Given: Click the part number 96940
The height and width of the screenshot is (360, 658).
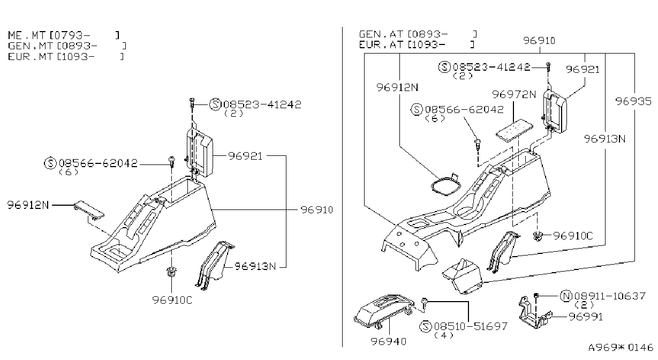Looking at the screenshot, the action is click(388, 341).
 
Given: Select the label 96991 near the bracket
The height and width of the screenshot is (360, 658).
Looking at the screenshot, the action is click(586, 317).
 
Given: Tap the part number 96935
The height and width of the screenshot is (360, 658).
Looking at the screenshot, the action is click(633, 101).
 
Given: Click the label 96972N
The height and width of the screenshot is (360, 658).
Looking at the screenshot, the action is click(514, 94).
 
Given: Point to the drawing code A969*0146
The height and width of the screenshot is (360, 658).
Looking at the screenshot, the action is click(621, 347).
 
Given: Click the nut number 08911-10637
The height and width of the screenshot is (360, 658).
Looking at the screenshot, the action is click(610, 296).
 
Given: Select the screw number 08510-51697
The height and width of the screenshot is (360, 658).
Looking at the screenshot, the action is click(471, 326).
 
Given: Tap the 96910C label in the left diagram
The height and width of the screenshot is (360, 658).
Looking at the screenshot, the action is click(172, 300).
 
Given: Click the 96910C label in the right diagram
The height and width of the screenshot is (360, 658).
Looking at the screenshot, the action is click(573, 236).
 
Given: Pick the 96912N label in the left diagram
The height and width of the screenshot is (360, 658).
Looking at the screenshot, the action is click(28, 205).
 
